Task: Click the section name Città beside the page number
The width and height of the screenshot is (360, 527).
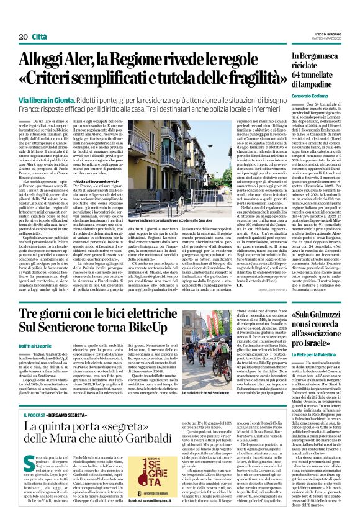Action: click(38, 20)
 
